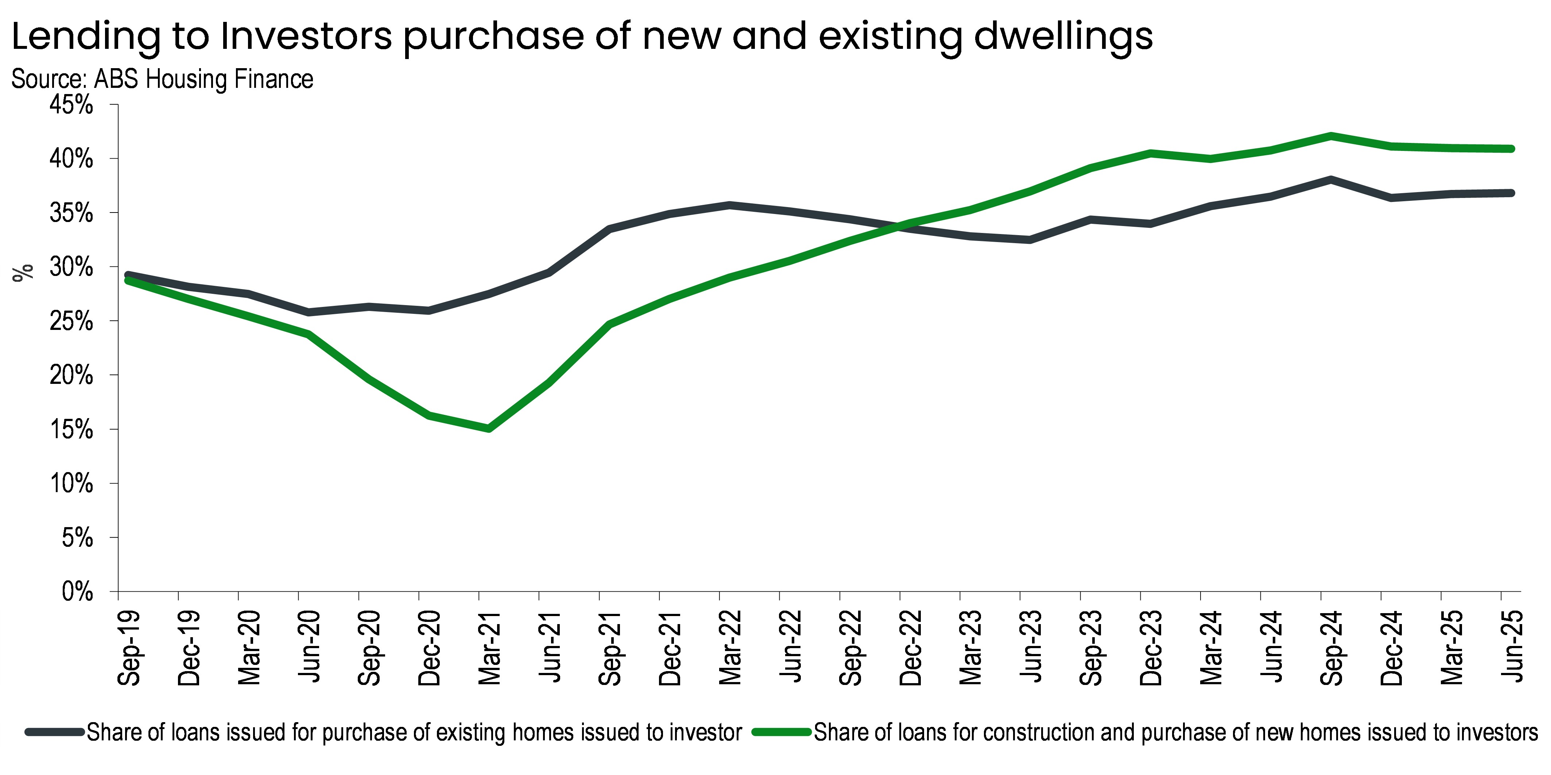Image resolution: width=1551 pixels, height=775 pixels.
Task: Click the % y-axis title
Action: [x=23, y=273]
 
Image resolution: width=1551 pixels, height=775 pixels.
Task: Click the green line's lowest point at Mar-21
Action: [x=488, y=428]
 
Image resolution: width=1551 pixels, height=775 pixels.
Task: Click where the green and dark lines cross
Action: [x=897, y=227]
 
